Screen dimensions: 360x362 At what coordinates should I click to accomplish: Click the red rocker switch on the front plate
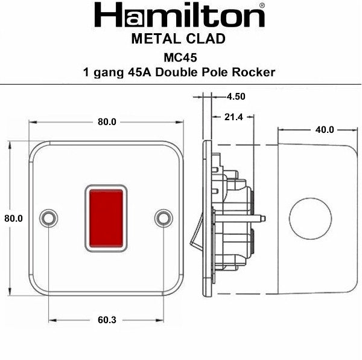coord(106,219)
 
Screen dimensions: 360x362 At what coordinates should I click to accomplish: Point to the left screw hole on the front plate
coord(48,218)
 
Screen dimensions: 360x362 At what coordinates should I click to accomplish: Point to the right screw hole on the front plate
coord(164,218)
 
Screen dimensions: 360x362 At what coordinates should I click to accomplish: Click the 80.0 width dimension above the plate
coord(107,122)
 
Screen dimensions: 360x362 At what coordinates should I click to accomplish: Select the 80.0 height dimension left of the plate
coord(13,219)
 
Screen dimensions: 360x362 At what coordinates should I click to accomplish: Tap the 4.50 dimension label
coord(236,96)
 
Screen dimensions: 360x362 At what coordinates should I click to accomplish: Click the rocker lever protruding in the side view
coord(196,240)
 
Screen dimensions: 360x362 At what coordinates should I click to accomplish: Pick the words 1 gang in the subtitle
coord(100,72)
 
